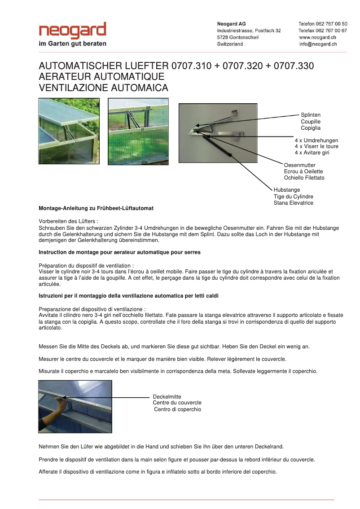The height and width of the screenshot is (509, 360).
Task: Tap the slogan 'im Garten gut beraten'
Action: pyautogui.click(x=73, y=44)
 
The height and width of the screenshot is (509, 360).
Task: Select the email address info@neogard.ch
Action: pyautogui.click(x=318, y=44)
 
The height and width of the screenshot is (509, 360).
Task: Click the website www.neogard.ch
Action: pyautogui.click(x=317, y=37)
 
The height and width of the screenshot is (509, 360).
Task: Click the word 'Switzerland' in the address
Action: pyautogui.click(x=230, y=44)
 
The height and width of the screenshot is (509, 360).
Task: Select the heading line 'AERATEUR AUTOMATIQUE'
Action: pyautogui.click(x=101, y=77)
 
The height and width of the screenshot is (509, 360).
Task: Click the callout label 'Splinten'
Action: pyautogui.click(x=311, y=115)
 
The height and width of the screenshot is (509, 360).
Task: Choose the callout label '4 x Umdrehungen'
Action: pyautogui.click(x=316, y=140)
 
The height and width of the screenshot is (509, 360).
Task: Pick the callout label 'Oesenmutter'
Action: pyautogui.click(x=300, y=165)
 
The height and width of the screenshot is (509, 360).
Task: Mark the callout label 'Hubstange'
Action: pyautogui.click(x=287, y=190)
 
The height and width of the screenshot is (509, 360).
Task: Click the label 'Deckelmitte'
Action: pyautogui.click(x=167, y=397)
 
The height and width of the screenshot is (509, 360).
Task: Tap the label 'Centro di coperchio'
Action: pyautogui.click(x=177, y=409)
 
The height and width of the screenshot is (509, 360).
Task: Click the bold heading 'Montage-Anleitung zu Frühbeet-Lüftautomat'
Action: pyautogui.click(x=96, y=209)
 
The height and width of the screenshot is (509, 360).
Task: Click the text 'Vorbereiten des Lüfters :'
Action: pyautogui.click(x=68, y=221)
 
